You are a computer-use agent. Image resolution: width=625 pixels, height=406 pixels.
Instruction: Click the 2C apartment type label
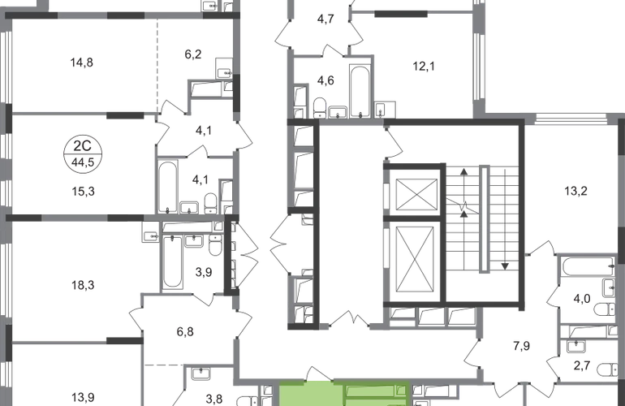pos(83,146)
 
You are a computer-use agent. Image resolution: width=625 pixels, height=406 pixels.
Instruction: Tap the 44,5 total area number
pos(83,162)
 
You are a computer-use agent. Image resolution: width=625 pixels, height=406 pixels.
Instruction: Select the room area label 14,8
pos(82,63)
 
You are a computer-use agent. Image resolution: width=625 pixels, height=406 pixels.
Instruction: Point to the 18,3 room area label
pos(83,285)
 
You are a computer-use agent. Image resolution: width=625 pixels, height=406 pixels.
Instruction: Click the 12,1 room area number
pos(424,67)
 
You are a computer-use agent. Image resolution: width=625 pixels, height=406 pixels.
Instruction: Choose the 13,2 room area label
pos(576,191)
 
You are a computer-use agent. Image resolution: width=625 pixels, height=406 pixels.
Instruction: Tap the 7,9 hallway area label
pos(521,346)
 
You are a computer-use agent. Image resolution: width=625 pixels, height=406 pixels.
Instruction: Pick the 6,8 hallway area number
pos(185,331)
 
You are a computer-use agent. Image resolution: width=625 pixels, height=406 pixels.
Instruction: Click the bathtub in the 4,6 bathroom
pos(360,92)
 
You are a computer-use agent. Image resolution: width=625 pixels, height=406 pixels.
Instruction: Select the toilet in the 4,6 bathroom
pos(320,108)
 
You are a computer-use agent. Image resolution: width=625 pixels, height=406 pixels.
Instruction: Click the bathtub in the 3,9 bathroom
pos(172,261)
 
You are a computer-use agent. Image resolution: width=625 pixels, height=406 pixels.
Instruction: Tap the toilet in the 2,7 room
pos(607,369)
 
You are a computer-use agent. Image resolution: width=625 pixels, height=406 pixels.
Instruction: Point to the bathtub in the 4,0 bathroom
pos(588,266)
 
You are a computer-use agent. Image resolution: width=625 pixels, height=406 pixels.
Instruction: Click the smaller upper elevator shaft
pos(416,194)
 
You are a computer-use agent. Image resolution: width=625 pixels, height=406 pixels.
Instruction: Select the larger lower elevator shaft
pos(415,260)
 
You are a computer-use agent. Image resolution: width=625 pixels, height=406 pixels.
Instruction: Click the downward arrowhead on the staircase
pos(505,266)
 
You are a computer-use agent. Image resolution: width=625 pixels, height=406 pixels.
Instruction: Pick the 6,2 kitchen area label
pos(193,54)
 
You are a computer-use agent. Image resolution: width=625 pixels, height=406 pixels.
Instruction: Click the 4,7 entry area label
pos(325,19)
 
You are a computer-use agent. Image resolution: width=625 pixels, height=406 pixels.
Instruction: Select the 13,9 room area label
pos(84,398)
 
